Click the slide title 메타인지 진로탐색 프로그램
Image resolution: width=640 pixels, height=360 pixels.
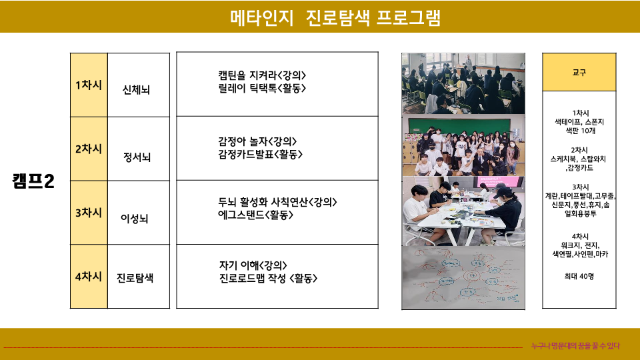click(x=335, y=17)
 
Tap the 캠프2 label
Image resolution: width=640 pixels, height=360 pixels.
click(x=33, y=181)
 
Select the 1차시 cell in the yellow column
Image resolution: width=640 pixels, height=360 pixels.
click(x=89, y=85)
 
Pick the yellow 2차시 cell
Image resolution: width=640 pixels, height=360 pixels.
click(x=89, y=149)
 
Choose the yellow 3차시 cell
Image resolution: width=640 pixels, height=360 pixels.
click(x=89, y=213)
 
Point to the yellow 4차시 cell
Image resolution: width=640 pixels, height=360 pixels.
click(x=89, y=276)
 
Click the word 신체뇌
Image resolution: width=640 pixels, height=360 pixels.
click(x=136, y=89)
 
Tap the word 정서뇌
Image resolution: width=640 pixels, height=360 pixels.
click(x=137, y=157)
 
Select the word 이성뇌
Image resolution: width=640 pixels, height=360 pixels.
click(x=134, y=219)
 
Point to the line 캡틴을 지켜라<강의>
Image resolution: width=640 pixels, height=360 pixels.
click(x=262, y=75)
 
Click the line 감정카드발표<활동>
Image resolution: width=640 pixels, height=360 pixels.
click(x=261, y=154)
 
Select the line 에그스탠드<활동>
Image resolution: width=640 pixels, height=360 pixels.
click(x=255, y=215)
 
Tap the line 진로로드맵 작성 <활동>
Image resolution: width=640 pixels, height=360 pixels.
click(x=268, y=278)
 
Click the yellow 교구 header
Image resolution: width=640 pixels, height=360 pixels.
click(x=579, y=72)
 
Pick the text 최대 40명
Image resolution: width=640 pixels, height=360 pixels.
click(x=579, y=276)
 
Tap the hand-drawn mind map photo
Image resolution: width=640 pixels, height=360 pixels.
click(x=463, y=278)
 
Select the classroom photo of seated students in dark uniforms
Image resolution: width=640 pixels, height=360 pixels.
click(x=463, y=83)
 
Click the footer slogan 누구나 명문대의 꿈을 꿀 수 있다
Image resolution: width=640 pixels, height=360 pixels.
click(x=575, y=346)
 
